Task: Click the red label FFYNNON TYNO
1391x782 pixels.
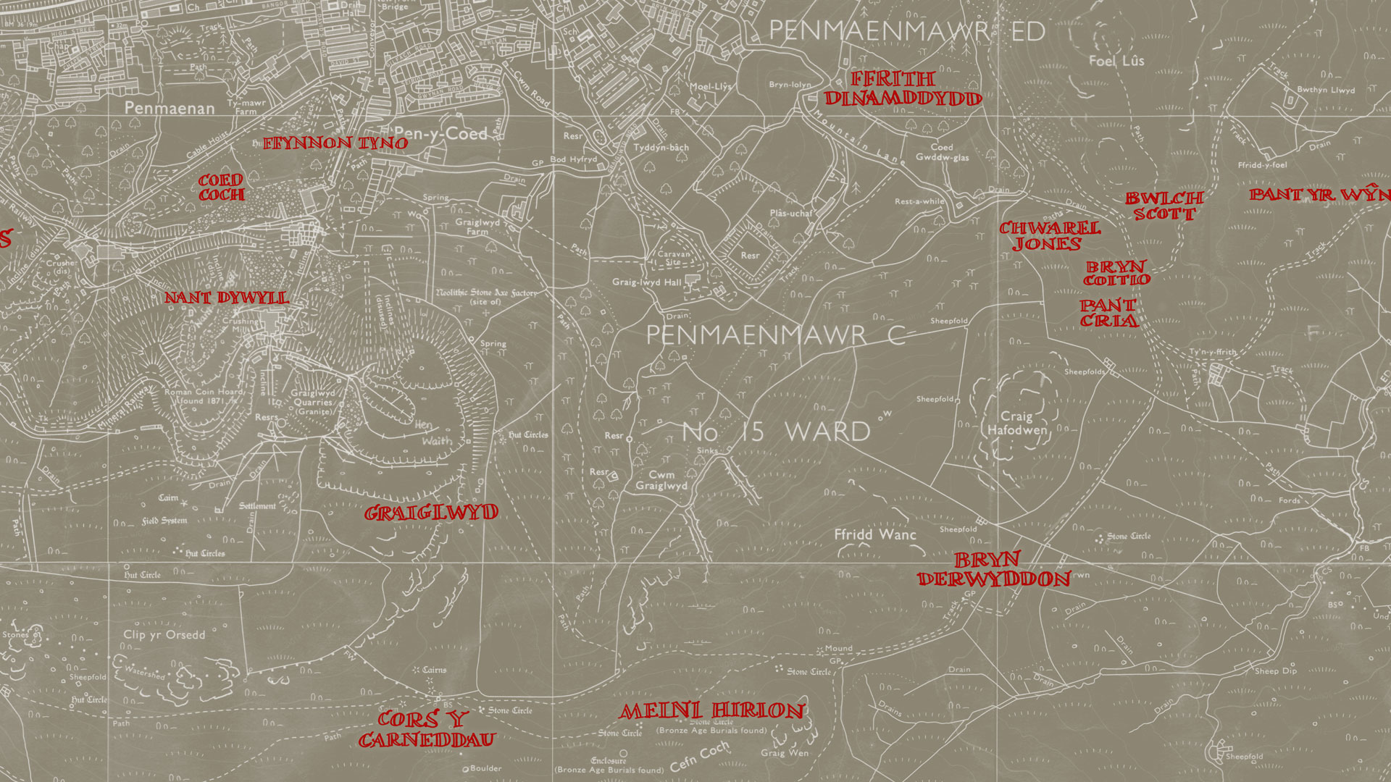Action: tap(335, 143)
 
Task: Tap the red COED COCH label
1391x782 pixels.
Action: tap(222, 188)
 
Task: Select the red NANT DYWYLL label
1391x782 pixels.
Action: tap(226, 298)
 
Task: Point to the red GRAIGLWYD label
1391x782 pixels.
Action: tap(431, 513)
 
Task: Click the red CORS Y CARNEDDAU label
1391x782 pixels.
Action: tap(426, 730)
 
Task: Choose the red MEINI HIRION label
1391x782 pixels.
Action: tap(712, 711)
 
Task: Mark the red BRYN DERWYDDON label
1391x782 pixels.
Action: tap(993, 570)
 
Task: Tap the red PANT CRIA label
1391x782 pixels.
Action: tap(1108, 314)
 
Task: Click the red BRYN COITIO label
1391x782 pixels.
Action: tap(1116, 273)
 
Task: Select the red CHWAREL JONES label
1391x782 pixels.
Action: tap(1050, 236)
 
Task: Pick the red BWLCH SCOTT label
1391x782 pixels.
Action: tap(1164, 206)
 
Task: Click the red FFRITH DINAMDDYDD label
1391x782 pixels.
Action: tap(903, 89)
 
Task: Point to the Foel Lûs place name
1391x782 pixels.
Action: tap(1116, 61)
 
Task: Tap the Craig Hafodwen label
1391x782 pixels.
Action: tap(1016, 423)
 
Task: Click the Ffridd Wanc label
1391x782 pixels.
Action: tap(875, 534)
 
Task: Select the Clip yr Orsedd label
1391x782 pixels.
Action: tap(164, 635)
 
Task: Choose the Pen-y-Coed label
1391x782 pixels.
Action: tap(441, 134)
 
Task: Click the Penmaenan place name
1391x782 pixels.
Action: tap(170, 108)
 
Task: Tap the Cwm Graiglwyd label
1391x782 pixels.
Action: tap(661, 480)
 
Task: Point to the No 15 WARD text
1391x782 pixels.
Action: tap(776, 432)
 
